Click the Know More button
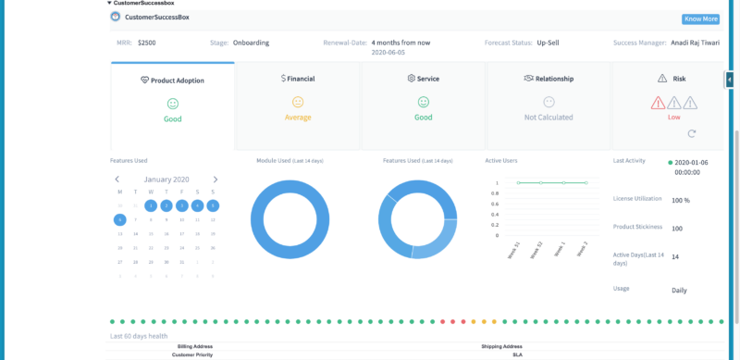(700, 19)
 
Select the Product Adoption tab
(172, 81)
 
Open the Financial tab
(298, 80)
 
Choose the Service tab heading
(423, 80)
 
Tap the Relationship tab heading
(549, 80)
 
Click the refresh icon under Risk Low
(666, 134)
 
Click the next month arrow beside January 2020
(216, 180)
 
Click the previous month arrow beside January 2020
(117, 180)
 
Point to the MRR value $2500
(147, 43)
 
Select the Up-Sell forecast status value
(553, 43)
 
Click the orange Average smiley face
(298, 102)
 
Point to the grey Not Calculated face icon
(549, 102)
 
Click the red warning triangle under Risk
(658, 103)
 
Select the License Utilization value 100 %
(681, 200)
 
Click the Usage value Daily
(680, 290)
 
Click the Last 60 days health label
(139, 336)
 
